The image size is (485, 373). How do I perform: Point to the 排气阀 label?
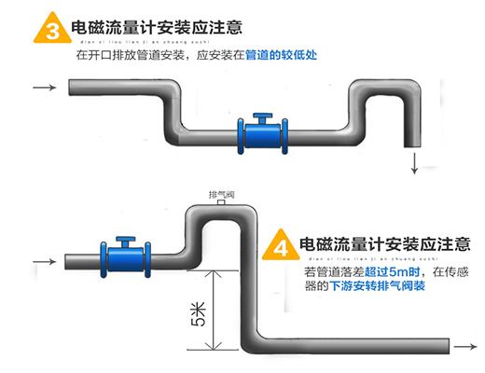221,194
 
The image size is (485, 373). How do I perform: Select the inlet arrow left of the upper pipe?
43,90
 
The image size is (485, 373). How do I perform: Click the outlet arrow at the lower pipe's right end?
463,347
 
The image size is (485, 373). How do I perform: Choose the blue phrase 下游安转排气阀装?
378,286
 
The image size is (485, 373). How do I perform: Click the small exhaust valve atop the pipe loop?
221,202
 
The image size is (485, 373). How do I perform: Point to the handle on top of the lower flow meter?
121,238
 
